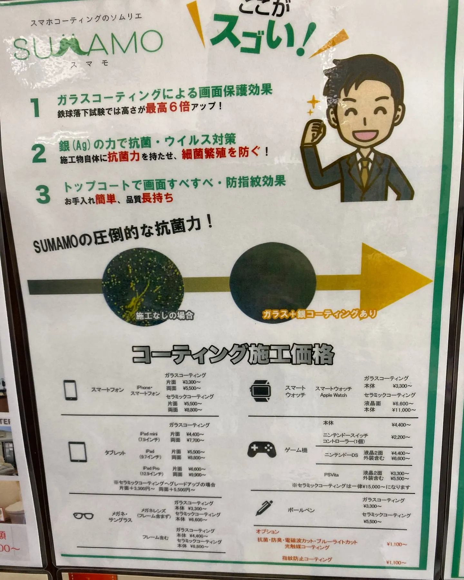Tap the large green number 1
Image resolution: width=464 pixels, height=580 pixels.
35,108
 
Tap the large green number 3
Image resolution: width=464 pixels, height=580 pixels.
43,195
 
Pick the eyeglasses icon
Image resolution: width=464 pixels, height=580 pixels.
83,516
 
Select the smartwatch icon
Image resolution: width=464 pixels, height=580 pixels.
260,391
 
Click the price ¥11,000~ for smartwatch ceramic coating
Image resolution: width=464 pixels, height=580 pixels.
404,410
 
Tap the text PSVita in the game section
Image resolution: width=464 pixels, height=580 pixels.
331,475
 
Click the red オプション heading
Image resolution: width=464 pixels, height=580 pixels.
267,531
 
